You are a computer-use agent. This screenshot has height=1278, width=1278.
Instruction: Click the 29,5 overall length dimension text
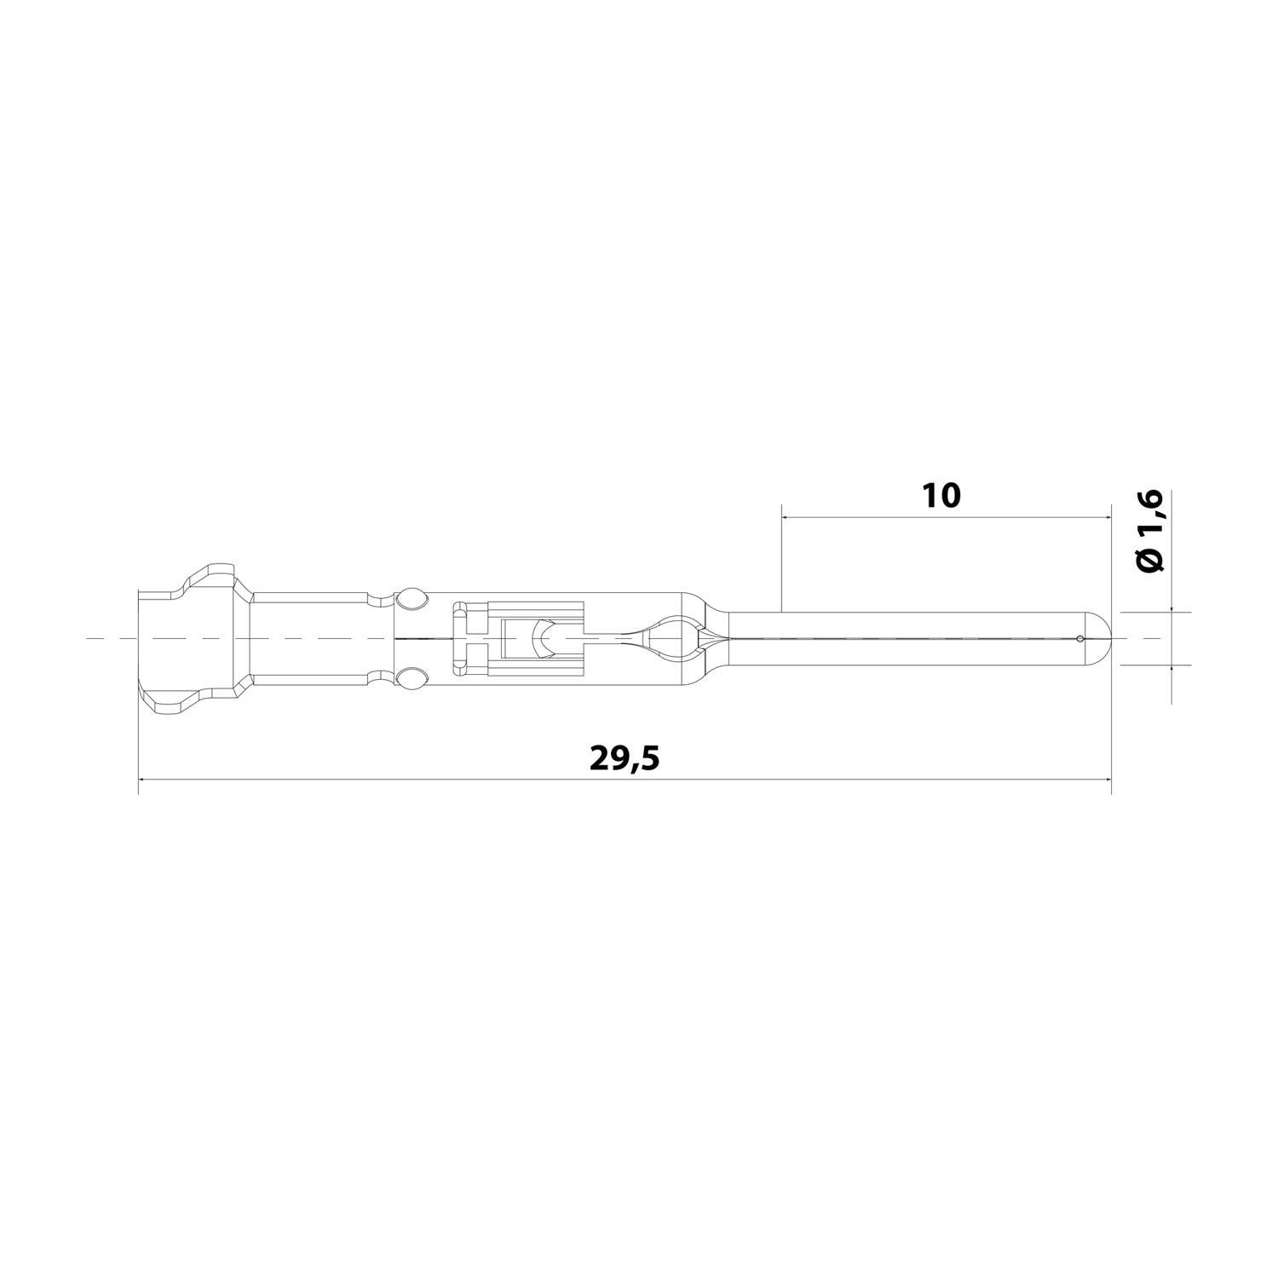click(x=625, y=757)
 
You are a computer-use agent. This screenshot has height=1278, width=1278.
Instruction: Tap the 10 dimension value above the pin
click(x=941, y=495)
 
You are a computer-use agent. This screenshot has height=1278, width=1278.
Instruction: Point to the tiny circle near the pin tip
click(x=1080, y=639)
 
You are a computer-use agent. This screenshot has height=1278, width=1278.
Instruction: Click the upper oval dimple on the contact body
click(x=413, y=598)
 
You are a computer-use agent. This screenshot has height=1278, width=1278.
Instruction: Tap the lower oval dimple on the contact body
click(x=413, y=678)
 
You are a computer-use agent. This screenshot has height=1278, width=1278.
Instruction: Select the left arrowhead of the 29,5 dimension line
click(x=143, y=779)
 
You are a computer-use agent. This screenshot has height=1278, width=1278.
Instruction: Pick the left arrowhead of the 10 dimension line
click(x=786, y=516)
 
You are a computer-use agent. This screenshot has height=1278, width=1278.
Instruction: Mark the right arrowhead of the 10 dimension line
click(x=1106, y=516)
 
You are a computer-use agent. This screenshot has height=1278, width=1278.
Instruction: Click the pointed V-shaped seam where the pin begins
click(x=714, y=638)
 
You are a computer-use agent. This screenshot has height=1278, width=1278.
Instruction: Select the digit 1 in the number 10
click(x=930, y=495)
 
